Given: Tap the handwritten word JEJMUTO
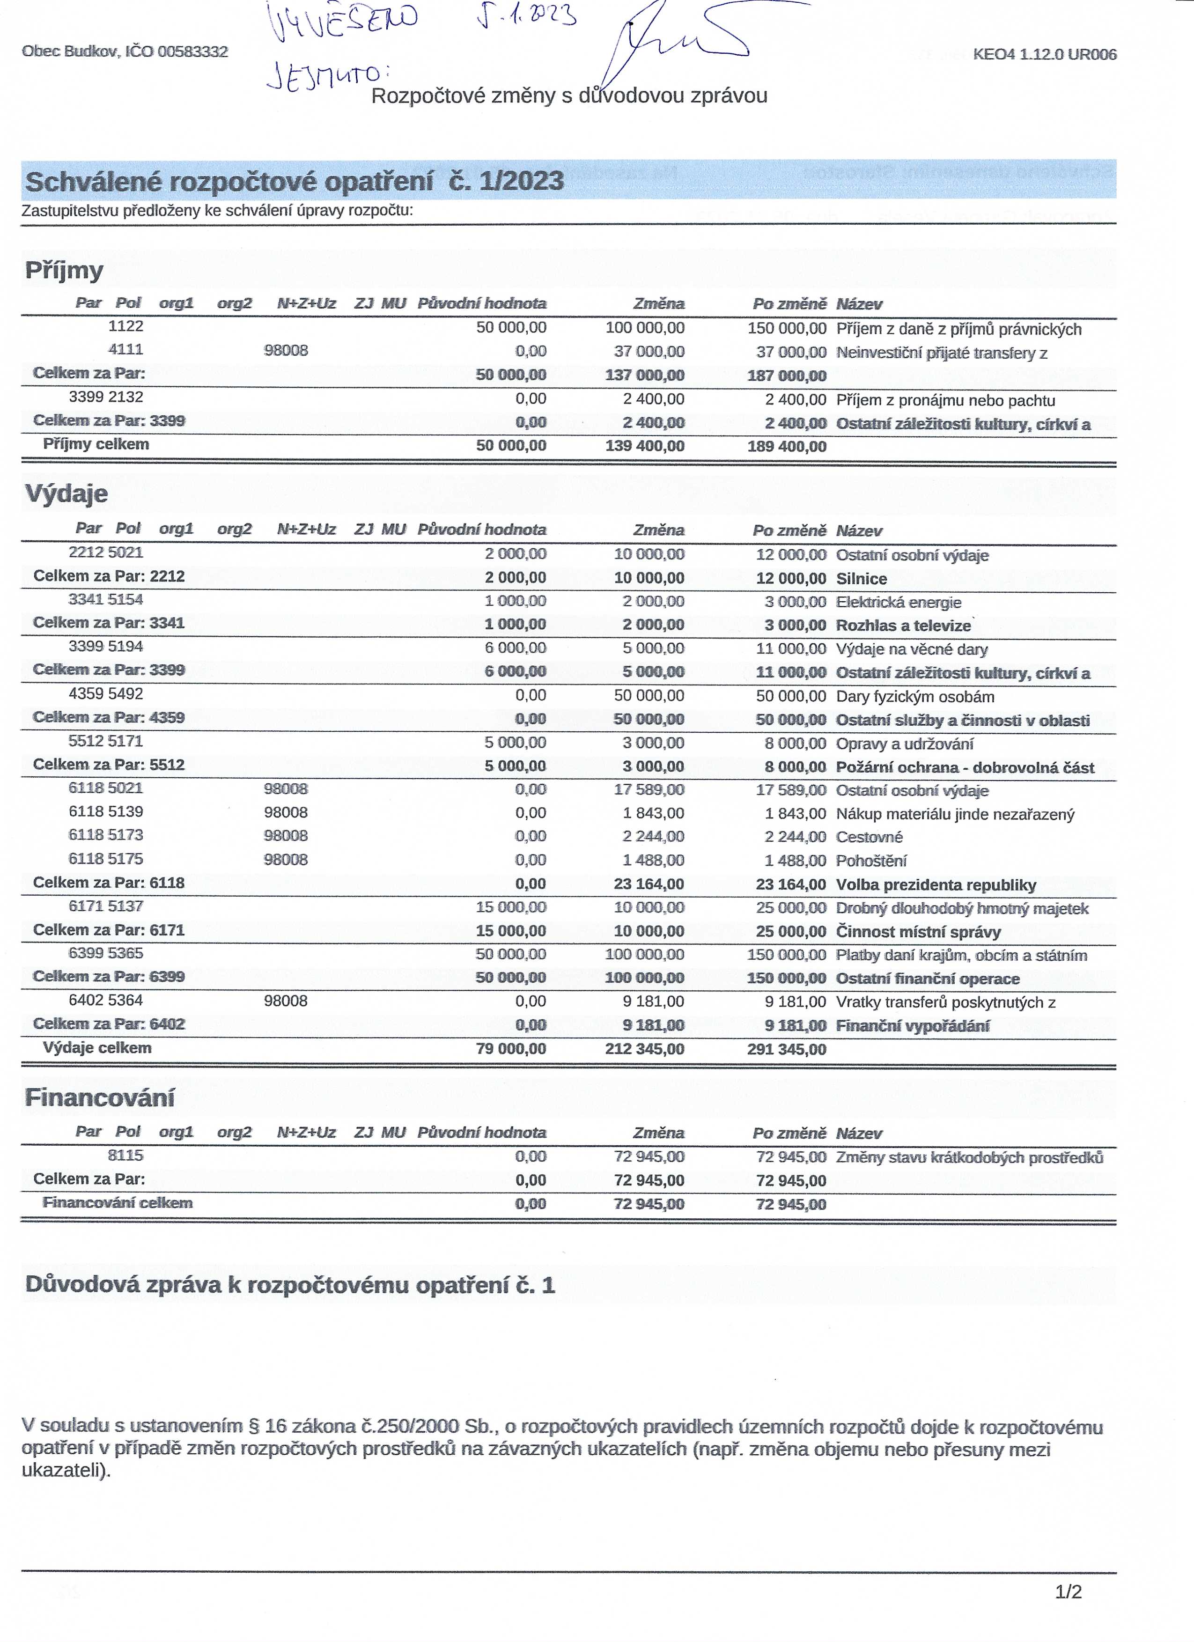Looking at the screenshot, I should tap(327, 76).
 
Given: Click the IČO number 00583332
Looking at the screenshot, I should tap(192, 52).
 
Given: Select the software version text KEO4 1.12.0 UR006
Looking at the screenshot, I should tap(1044, 54).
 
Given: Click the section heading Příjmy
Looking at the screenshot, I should tap(65, 270).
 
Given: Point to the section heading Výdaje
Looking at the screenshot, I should tap(66, 494).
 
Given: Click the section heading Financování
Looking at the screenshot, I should tap(100, 1097).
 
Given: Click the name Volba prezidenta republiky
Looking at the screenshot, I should tap(936, 885).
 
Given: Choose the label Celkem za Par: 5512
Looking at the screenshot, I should tap(109, 765).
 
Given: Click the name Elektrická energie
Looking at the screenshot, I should tap(899, 603).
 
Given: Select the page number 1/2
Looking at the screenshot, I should tap(1068, 1592).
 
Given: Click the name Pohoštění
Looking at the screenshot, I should tap(871, 861).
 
